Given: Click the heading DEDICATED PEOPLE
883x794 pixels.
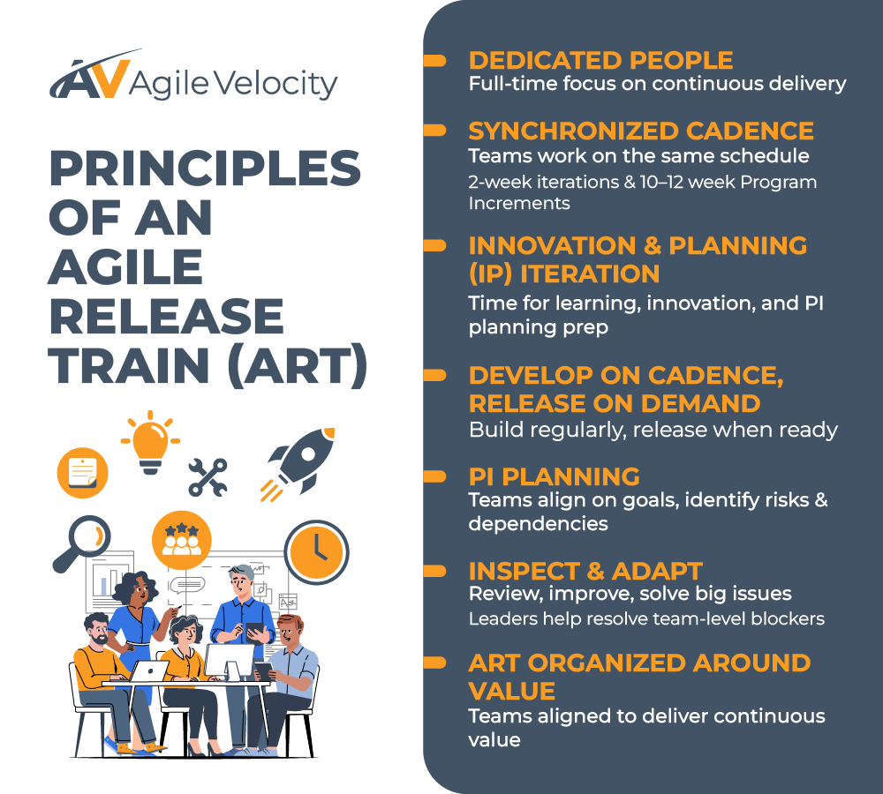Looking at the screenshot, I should [x=600, y=60].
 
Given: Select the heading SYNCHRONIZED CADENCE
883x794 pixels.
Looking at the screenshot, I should [x=641, y=131].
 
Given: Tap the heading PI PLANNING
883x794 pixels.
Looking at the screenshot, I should [x=554, y=476].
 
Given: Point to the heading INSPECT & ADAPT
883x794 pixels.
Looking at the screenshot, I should [x=585, y=570].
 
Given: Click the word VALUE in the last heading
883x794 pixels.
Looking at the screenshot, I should [x=511, y=689].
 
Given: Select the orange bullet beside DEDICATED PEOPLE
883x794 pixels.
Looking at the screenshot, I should [x=434, y=61].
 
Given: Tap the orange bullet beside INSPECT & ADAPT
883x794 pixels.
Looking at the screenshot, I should [x=434, y=571].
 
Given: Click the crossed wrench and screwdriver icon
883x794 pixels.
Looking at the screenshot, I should [x=208, y=477].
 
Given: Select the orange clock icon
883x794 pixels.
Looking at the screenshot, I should [x=316, y=551].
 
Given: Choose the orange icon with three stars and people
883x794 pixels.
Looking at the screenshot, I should [x=182, y=539].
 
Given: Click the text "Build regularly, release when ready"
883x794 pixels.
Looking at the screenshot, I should [x=653, y=431].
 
